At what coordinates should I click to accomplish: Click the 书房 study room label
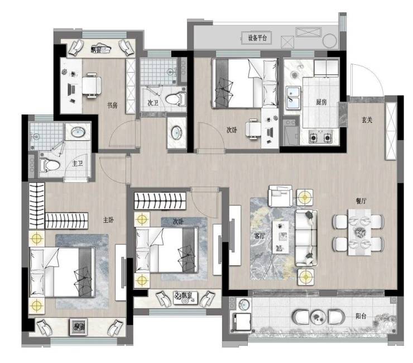tap(112, 106)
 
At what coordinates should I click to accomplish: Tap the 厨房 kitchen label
tap(321, 102)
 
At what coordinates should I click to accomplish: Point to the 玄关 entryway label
tap(367, 120)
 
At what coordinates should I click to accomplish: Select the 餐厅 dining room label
tap(361, 201)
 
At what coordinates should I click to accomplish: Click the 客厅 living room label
tap(259, 236)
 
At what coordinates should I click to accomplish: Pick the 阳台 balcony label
tap(361, 316)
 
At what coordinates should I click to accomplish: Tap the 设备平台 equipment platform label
tap(257, 38)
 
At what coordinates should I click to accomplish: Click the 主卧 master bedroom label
tap(108, 220)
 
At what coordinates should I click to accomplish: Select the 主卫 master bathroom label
tap(78, 164)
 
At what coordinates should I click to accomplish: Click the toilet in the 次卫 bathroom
tap(176, 99)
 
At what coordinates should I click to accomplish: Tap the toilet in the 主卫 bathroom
tap(50, 165)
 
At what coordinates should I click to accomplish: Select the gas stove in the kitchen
tap(320, 137)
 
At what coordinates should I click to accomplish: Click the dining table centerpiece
tap(359, 232)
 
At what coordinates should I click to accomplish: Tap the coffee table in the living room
tap(281, 237)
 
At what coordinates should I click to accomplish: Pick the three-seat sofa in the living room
tap(306, 238)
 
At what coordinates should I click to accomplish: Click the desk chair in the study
tap(92, 85)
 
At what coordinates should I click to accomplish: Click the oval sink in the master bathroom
tap(78, 132)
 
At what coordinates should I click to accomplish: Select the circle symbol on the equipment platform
tap(329, 41)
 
